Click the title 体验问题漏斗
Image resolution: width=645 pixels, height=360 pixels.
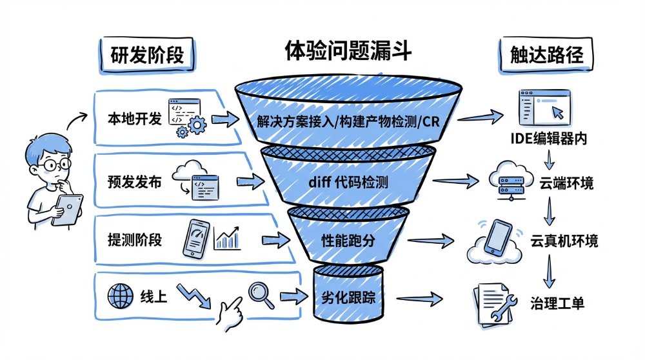348,51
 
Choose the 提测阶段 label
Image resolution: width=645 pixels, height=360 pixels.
134,240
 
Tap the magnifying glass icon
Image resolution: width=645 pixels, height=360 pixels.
261,294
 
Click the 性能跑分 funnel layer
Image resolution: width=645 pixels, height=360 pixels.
348,241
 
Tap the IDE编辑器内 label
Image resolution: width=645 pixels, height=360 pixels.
548,139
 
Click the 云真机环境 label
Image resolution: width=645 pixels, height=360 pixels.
564,241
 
